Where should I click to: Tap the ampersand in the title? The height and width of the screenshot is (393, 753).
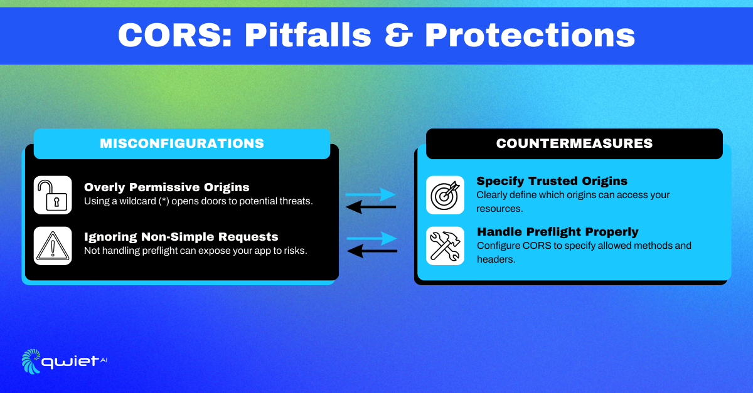[x=398, y=35]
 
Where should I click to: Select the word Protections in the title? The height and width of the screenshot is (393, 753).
[x=530, y=35]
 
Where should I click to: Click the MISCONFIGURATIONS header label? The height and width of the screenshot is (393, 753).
[x=182, y=144]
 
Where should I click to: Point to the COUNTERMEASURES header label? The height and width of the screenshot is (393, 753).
[x=574, y=144]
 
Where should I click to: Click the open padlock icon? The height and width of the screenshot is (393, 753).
[x=53, y=195]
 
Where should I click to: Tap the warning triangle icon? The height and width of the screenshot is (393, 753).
[x=53, y=246]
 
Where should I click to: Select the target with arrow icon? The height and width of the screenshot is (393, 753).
[x=445, y=195]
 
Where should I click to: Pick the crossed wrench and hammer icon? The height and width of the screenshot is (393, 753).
[x=445, y=246]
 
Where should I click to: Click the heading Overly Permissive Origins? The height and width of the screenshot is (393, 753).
[x=167, y=187]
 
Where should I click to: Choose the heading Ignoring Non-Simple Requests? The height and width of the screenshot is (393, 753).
[x=181, y=237]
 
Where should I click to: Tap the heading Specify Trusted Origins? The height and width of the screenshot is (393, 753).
[x=552, y=181]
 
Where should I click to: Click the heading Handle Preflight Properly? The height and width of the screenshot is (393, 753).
[x=558, y=232]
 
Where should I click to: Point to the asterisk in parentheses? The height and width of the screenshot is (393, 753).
[x=164, y=201]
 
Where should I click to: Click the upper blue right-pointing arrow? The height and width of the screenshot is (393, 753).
[x=370, y=194]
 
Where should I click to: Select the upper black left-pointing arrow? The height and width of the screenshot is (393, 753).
[x=371, y=207]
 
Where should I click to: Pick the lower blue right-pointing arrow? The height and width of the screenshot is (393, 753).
[x=371, y=238]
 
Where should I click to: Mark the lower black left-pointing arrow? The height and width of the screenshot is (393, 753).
[x=371, y=251]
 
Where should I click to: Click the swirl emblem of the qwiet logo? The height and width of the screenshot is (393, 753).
[x=31, y=362]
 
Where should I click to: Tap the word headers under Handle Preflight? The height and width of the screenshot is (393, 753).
[x=496, y=259]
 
